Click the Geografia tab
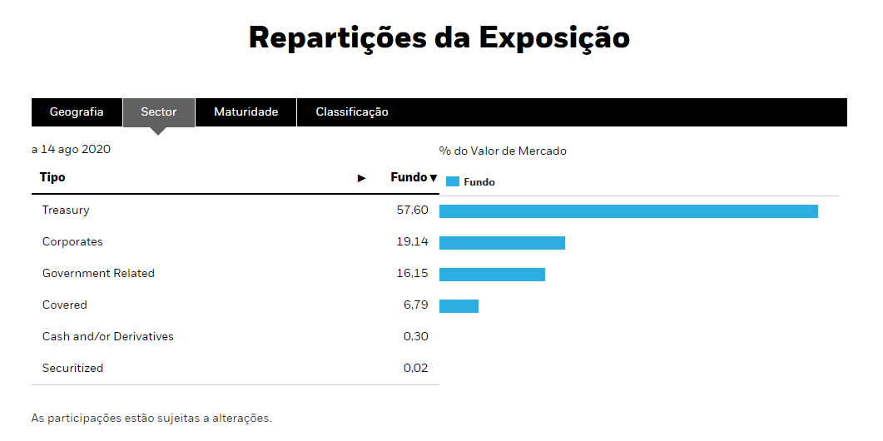(77, 112)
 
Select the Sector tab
(159, 112)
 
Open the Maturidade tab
(246, 112)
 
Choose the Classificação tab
(352, 112)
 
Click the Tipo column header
(52, 177)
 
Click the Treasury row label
(66, 211)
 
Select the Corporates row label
(72, 242)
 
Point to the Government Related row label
(98, 274)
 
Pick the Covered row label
(65, 305)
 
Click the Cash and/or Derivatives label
(108, 337)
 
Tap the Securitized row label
(73, 369)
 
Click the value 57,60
(413, 211)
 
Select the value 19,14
(413, 242)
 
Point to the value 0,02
(415, 369)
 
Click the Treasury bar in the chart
(628, 211)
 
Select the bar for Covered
(459, 306)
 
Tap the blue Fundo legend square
(453, 181)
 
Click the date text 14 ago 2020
(75, 150)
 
